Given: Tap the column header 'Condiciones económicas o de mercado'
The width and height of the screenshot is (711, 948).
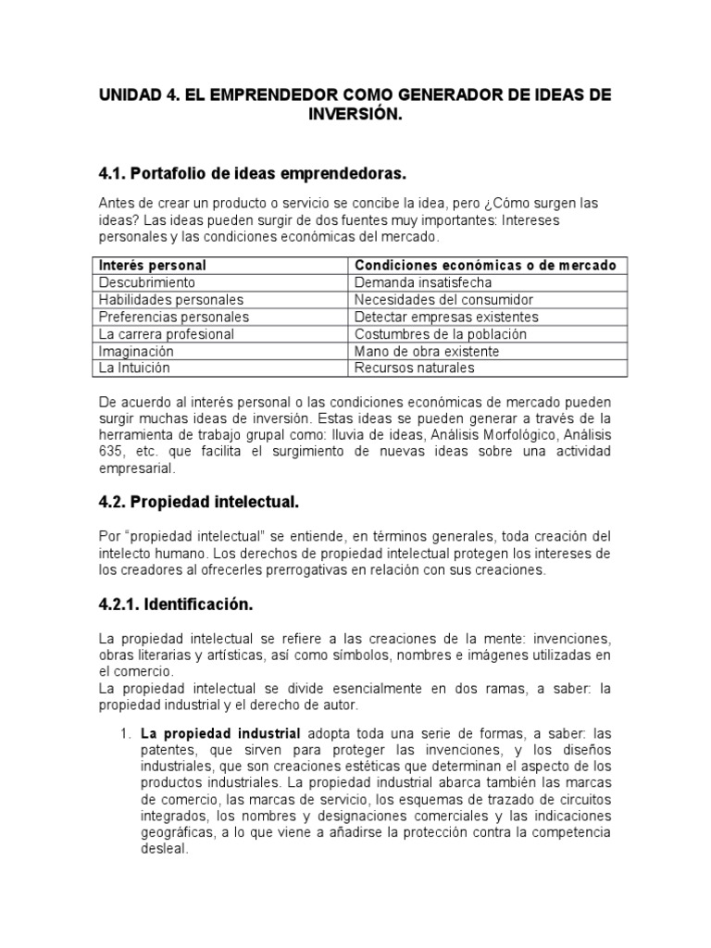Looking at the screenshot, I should click(x=484, y=266).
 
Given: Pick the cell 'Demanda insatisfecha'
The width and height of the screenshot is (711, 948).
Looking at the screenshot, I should click(x=423, y=282).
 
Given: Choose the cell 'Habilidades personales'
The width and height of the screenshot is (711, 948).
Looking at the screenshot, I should click(x=171, y=300).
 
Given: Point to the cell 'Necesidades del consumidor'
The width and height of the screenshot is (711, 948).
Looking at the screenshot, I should click(x=444, y=300).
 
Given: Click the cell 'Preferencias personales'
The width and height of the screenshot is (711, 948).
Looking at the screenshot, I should click(x=174, y=317).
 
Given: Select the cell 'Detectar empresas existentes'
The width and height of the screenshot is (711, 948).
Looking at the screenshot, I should click(x=446, y=317).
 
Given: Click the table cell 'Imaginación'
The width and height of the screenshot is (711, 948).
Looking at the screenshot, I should click(x=136, y=351).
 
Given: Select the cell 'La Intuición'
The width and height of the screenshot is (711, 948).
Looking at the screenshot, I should click(x=134, y=368).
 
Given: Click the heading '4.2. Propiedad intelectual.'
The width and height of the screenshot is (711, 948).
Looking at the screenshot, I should click(x=199, y=502).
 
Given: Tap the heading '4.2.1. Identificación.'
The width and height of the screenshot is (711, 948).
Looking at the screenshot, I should click(x=175, y=605).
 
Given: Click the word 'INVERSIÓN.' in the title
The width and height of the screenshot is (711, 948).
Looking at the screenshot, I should click(x=356, y=114).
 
